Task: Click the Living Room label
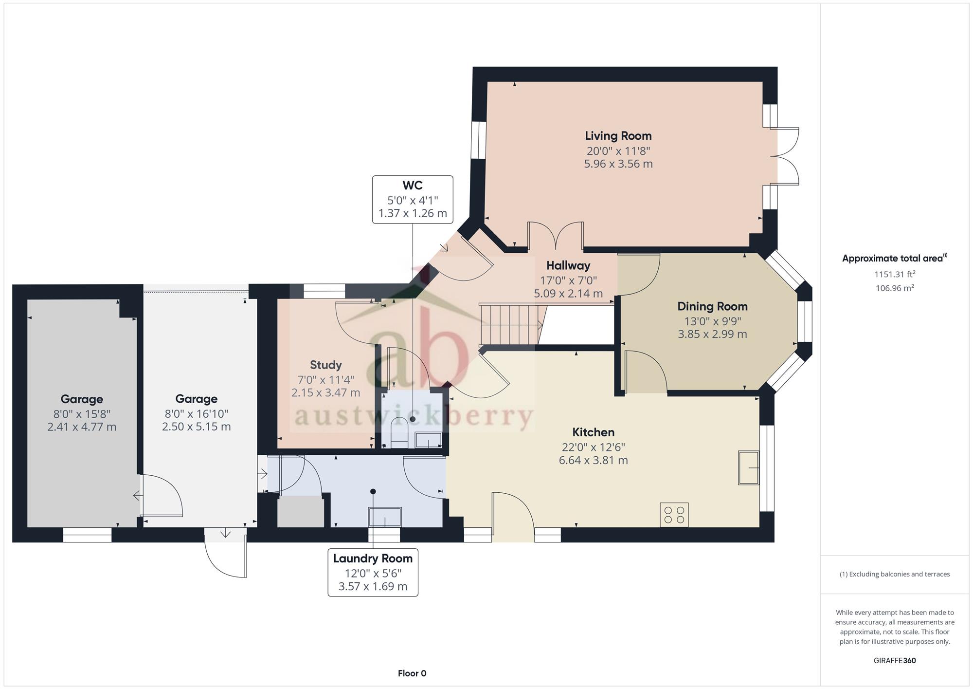pos(618,136)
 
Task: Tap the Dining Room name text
pos(712,306)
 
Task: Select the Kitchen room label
pos(593,432)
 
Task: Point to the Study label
pos(325,365)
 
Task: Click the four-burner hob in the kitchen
pos(674,515)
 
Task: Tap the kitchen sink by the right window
pos(749,467)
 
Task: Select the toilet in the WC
pos(399,431)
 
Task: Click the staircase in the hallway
pos(511,324)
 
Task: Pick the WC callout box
pos(413,200)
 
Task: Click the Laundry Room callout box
pos(373,573)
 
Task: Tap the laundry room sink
pos(384,517)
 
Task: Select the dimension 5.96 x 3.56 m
pos(618,164)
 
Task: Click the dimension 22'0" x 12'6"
pos(593,447)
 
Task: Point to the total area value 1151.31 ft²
pos(895,274)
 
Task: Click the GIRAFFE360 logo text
pos(895,661)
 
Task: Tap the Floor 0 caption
pos(412,673)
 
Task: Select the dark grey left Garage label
pos(82,399)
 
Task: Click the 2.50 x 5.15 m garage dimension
pos(196,427)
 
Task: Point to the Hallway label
pos(568,266)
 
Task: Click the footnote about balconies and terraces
pos(895,574)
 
